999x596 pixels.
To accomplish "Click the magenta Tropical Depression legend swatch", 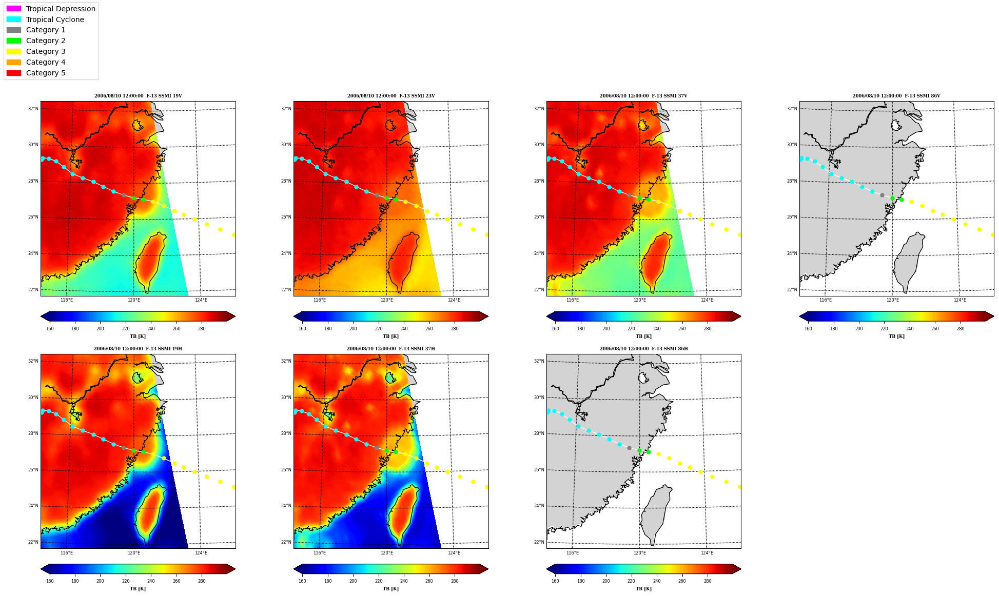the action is [14, 9].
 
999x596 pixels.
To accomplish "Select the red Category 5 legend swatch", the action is [14, 73].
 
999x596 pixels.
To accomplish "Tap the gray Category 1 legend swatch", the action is [14, 30].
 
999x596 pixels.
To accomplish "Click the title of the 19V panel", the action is [138, 96].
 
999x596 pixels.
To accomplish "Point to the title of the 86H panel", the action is [644, 349].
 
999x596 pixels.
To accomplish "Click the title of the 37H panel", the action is [391, 349].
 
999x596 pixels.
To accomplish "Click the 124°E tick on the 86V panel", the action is [960, 300].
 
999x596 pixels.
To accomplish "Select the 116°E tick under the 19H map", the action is [67, 552].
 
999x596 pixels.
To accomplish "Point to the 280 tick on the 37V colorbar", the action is [708, 329].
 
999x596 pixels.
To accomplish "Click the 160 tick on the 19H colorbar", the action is [50, 581].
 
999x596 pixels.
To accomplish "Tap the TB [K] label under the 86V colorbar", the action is [896, 336].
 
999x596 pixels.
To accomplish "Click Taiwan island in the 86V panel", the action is [909, 262].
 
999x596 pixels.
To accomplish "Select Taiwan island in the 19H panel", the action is [149, 515].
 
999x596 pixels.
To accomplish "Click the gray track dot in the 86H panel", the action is [629, 448].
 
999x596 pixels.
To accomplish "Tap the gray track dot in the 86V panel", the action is [882, 195].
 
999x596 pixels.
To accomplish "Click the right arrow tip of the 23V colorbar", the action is [488, 316].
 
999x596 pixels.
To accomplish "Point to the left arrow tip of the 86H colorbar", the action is [547, 569].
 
